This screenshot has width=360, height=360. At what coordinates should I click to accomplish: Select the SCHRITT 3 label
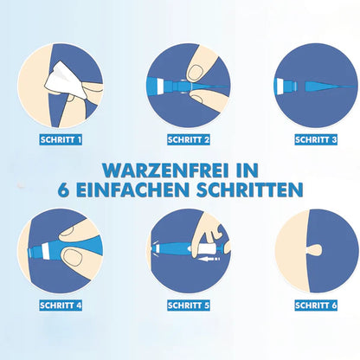coord(316,139)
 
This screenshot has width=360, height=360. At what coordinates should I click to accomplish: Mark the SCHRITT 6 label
coord(316,305)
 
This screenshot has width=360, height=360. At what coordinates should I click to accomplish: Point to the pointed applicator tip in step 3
coord(329,87)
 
